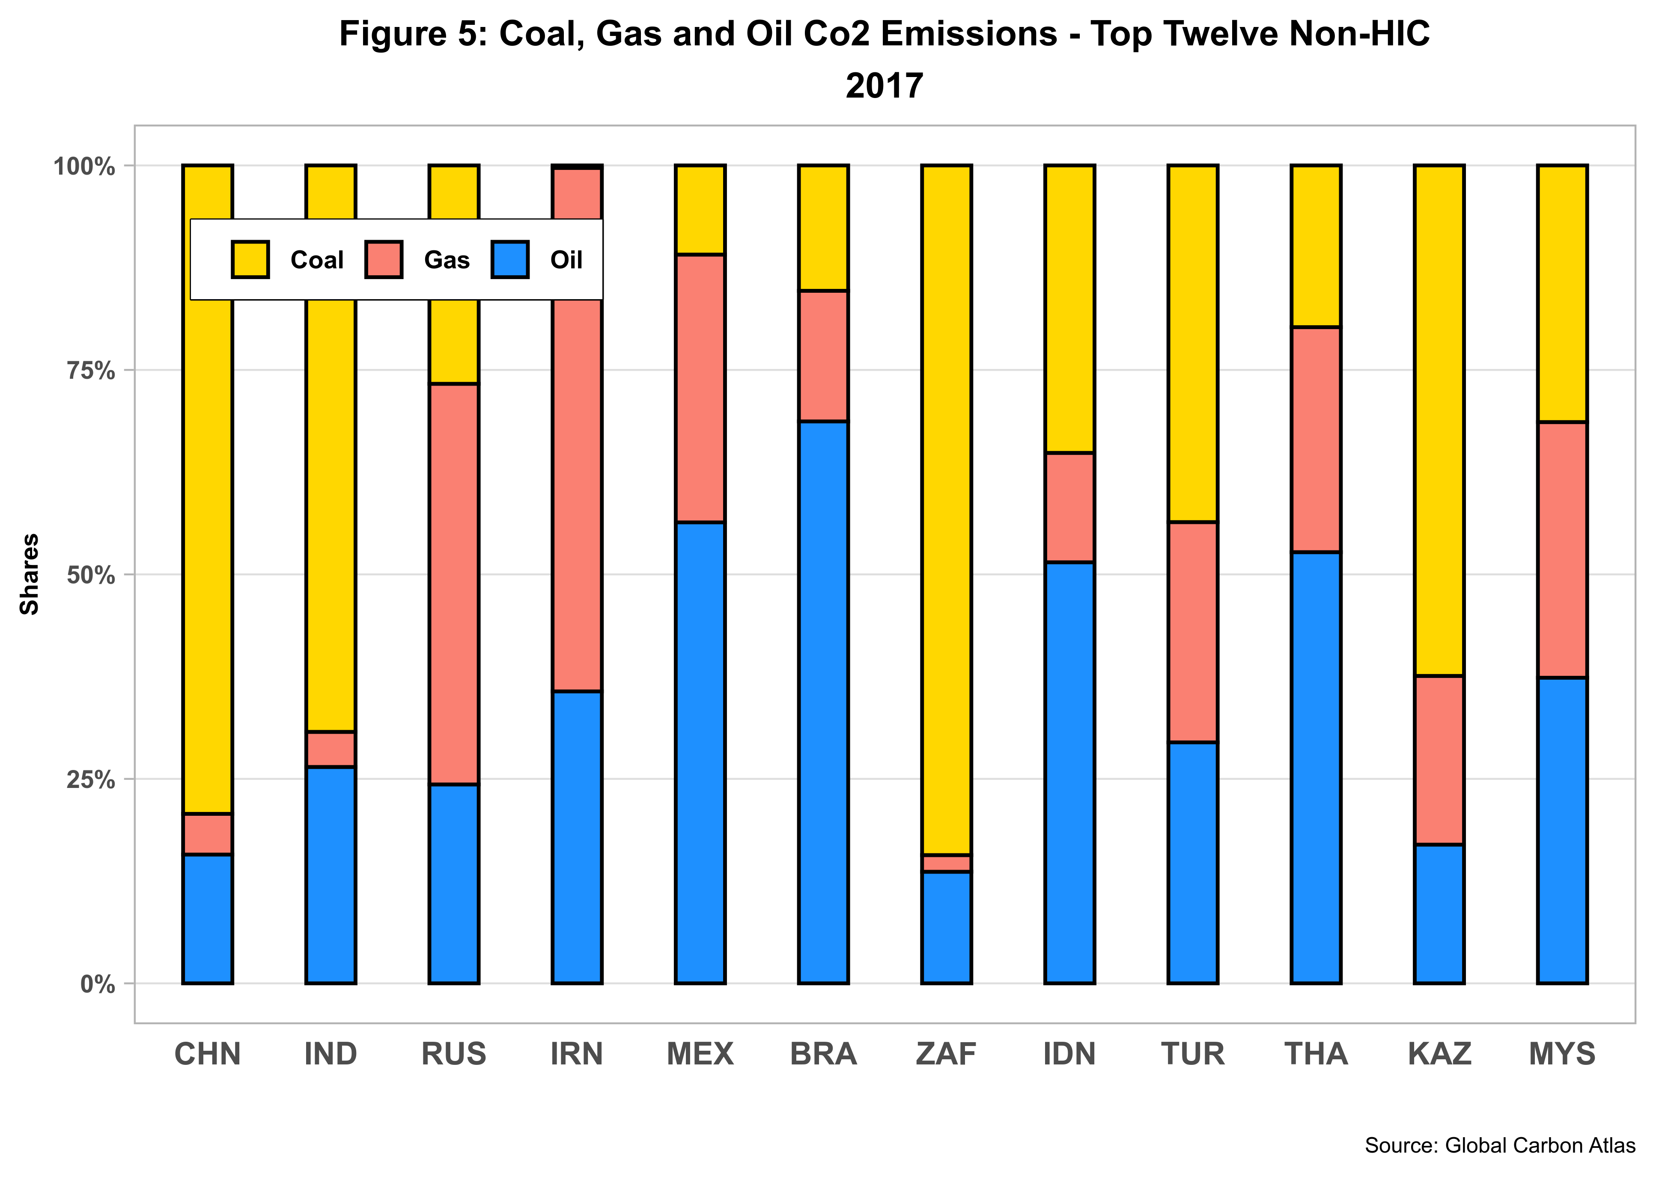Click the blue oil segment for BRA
[x=823, y=701]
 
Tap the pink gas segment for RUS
[x=454, y=583]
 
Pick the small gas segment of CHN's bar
[x=207, y=833]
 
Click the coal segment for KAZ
[x=1439, y=420]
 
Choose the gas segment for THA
[x=1316, y=439]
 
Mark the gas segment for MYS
[x=1563, y=550]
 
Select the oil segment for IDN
[x=1069, y=773]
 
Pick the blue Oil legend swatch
[x=510, y=259]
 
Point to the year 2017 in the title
[x=884, y=86]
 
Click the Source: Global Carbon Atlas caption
[x=1499, y=1145]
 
